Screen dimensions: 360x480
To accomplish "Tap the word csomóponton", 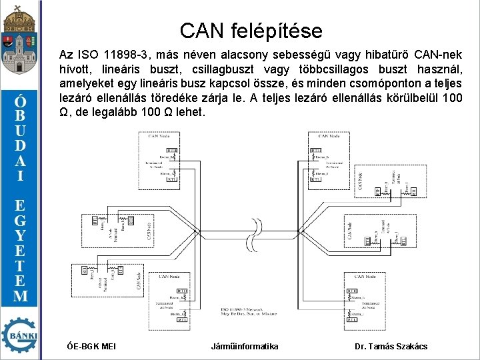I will (384, 83).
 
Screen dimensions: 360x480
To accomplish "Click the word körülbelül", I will (403, 98).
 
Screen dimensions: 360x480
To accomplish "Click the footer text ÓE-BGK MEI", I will (92, 346).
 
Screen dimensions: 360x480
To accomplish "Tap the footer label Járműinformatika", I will (245, 346).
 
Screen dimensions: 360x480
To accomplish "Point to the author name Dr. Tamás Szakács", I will (391, 346).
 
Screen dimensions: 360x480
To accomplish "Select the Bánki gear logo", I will (20, 335).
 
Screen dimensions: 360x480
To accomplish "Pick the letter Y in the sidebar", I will (21, 235).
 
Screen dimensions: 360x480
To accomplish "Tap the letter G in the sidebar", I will (21, 219).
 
